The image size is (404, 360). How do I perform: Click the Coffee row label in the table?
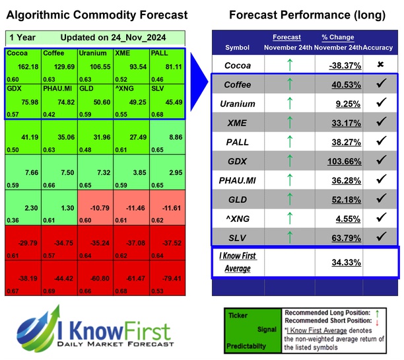237,85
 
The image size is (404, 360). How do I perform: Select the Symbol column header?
238,48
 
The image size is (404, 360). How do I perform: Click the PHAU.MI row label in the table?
237,181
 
